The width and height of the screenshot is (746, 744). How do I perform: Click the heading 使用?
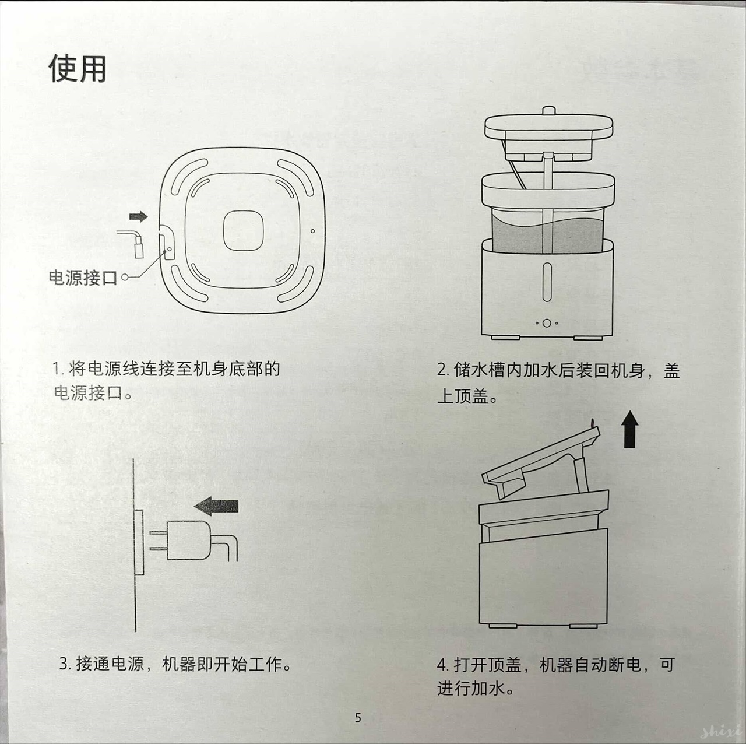click(78, 69)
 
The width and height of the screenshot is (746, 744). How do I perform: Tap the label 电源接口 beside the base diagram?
click(83, 278)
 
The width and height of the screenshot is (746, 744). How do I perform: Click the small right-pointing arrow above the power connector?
click(138, 217)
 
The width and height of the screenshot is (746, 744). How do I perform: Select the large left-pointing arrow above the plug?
click(217, 506)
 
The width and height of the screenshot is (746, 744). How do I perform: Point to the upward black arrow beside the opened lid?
click(630, 429)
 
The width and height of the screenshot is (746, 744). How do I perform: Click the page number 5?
click(358, 718)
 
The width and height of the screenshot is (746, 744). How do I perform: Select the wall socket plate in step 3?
click(139, 542)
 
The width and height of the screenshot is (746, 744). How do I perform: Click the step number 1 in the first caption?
click(57, 369)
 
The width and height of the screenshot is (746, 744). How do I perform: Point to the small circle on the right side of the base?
click(312, 231)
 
